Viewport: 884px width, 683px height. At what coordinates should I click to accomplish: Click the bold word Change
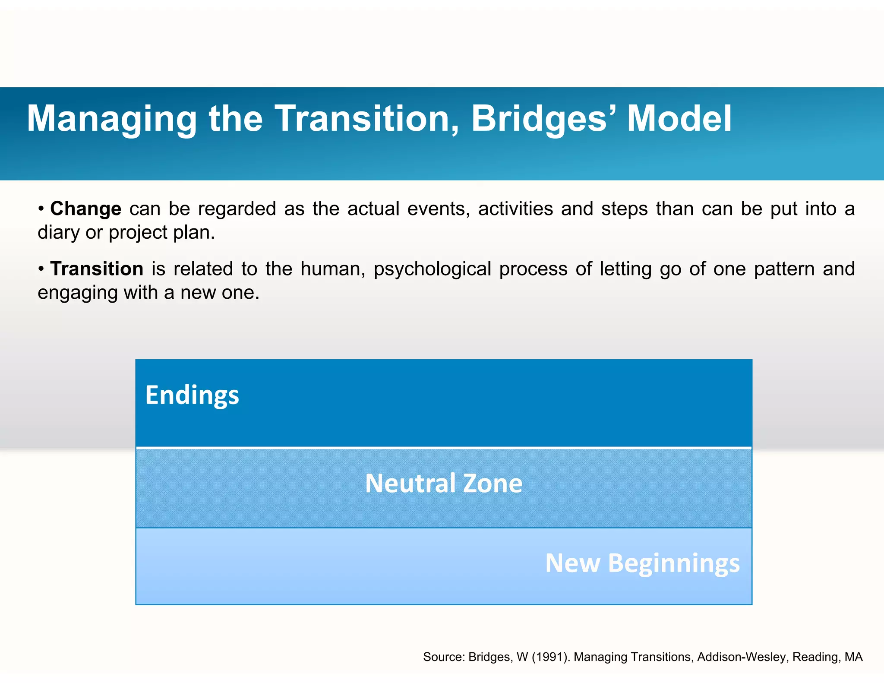coord(86,209)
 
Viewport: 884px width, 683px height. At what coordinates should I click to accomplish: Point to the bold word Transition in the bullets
coord(97,269)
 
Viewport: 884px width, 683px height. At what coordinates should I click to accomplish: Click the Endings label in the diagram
coord(192,395)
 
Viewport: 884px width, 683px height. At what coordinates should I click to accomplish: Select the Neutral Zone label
coord(444,483)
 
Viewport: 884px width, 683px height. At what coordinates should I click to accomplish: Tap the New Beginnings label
coord(642,563)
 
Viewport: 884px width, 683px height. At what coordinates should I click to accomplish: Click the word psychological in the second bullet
coord(433,269)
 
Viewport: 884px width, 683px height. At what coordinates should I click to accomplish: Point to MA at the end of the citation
coord(853,657)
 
